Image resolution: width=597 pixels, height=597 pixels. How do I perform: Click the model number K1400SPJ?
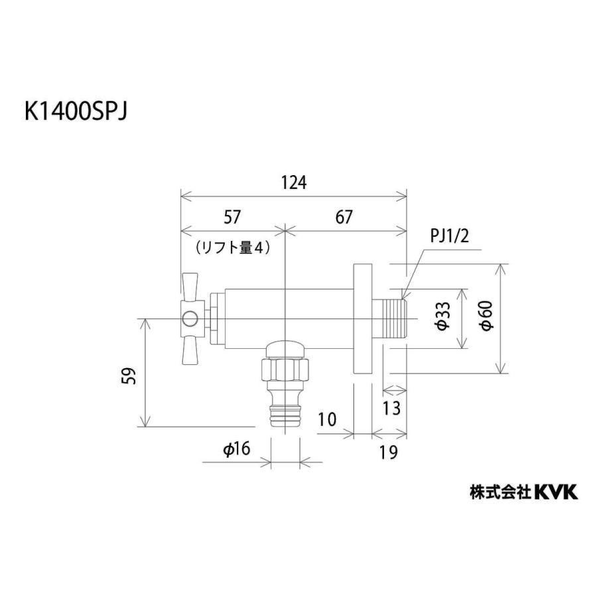tap(75, 111)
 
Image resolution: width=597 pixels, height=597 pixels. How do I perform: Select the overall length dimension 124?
tap(294, 183)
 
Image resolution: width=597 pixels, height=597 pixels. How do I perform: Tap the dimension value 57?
tap(232, 217)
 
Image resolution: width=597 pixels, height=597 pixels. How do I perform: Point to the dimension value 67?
tap(344, 217)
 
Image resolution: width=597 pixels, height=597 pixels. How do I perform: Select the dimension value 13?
tap(392, 408)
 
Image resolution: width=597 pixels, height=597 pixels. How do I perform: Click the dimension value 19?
tap(389, 453)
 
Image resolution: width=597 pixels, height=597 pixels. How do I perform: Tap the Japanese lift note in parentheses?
tap(232, 248)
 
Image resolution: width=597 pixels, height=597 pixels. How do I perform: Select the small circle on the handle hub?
tap(191, 319)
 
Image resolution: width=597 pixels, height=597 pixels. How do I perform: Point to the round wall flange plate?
tap(363, 318)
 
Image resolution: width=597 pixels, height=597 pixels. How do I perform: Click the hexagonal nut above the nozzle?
tap(285, 369)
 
